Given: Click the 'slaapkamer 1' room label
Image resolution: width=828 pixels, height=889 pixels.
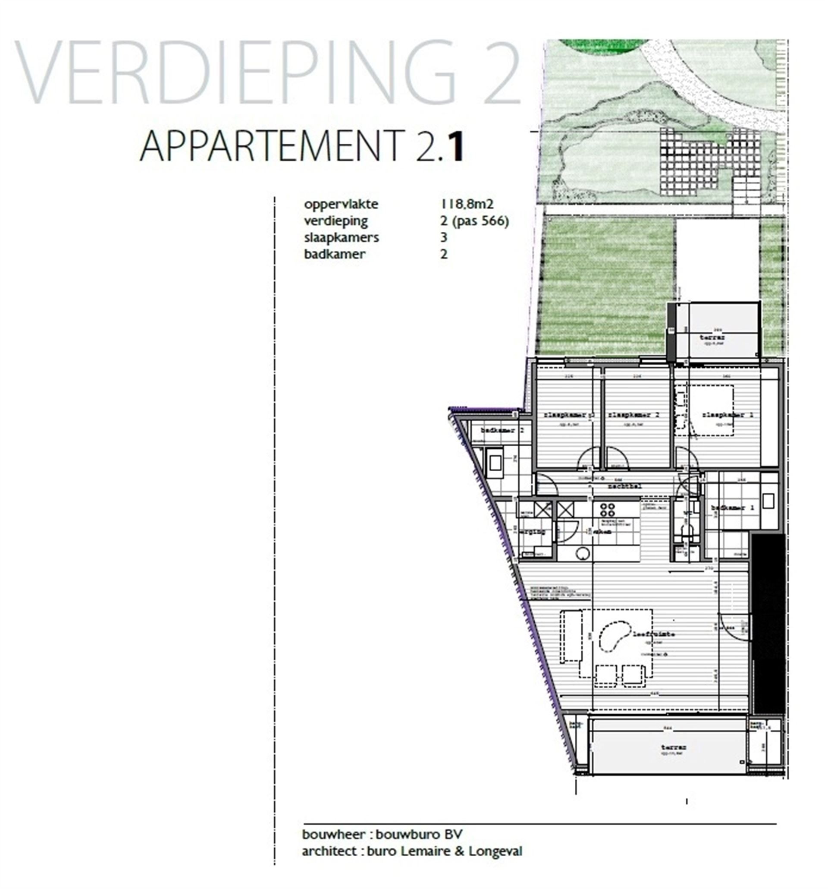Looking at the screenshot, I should pos(728,415).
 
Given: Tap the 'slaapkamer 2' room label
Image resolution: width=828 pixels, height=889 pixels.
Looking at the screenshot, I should pos(633,415).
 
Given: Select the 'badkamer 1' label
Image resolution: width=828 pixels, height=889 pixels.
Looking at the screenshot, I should pos(732,508).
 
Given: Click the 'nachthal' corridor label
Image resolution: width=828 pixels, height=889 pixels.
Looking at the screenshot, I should pos(624,485).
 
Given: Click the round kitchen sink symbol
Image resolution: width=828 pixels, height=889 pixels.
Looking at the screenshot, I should pos(582,554).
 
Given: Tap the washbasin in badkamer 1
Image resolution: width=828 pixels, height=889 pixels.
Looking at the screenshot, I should pos(768,501).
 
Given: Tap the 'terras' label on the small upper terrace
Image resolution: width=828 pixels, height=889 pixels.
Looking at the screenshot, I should pos(712,337).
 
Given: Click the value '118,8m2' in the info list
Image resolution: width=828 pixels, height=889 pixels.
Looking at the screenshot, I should pos(467,204).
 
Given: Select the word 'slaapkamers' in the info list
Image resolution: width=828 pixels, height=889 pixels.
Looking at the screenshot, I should pos(342,237).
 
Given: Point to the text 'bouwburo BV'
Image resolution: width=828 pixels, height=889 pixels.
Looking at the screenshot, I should pos(419,835).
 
